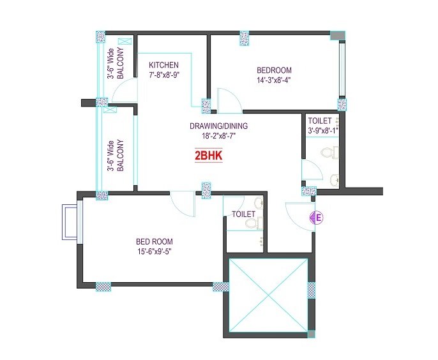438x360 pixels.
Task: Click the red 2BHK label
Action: pos(208,156)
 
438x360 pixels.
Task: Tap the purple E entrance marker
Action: pos(317,217)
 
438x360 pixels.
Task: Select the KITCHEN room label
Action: pos(163,65)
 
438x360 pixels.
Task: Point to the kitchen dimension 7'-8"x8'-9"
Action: pos(164,75)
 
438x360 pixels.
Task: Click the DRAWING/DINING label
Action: pos(218,126)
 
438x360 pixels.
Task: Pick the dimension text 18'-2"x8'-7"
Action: pos(219,136)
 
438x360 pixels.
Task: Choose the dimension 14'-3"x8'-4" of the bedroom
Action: pos(274,80)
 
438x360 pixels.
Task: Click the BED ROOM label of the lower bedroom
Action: pos(155,241)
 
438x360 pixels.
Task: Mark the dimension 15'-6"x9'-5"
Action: pos(154,251)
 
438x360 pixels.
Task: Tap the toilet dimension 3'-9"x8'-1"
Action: pos(323,130)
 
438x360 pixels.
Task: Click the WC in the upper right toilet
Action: pos(329,152)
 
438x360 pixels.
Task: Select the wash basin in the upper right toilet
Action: pos(334,179)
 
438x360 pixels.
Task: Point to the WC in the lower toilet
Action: pos(253,222)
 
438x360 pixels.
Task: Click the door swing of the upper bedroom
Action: pos(229,100)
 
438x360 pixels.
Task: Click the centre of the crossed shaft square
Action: pos(268,295)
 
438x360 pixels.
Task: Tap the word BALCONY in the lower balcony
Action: pos(120,156)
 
